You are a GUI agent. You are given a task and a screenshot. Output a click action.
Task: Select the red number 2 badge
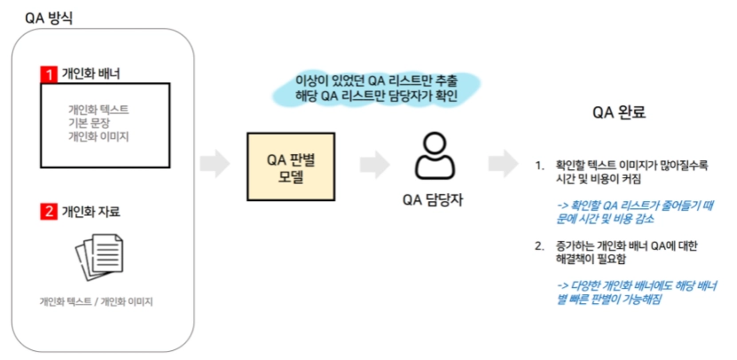pos(50,211)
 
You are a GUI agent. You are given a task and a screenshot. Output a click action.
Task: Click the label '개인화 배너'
pos(90,74)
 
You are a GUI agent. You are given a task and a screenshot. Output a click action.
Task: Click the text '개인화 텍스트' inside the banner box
pos(98,109)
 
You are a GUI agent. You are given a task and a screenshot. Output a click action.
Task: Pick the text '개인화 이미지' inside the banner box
pos(98,137)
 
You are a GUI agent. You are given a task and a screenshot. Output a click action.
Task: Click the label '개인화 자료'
pos(90,211)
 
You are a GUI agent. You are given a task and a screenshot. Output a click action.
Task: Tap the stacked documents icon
pos(98,255)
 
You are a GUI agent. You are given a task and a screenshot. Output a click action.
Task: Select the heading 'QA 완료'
pos(619,113)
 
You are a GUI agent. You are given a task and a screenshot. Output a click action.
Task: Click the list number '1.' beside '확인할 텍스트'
pos(538,165)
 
